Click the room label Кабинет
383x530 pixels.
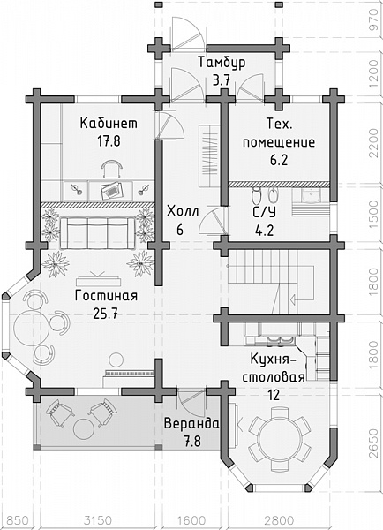pos(109,123)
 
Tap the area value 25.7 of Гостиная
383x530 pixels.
pos(106,314)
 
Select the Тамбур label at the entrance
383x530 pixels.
pos(222,63)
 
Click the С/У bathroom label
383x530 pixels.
pos(265,212)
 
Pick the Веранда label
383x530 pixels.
pos(191,423)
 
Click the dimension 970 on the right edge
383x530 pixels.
pos(374,20)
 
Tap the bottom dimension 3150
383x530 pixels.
pos(98,520)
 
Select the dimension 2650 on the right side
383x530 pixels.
pos(374,443)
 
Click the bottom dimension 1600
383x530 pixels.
pos(191,520)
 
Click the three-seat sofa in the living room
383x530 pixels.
pos(97,233)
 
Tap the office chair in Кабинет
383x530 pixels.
pos(112,169)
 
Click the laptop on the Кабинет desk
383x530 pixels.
pos(111,191)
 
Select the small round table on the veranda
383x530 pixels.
pos(84,429)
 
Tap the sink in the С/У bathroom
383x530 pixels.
pos(311,196)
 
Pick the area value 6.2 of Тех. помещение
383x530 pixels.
pos(279,160)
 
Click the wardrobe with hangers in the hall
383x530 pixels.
pos(209,155)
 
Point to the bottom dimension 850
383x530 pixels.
pos(19,520)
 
